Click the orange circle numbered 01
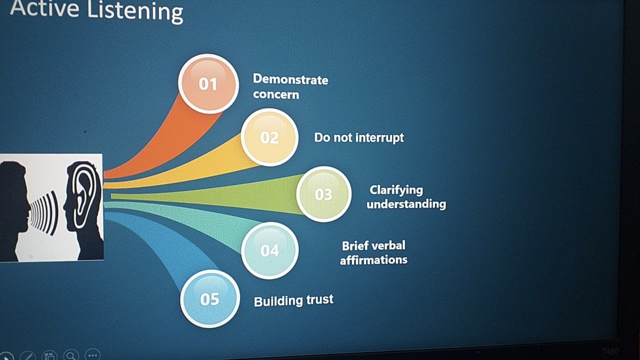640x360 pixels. (x=208, y=83)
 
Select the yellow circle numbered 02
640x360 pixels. (x=269, y=137)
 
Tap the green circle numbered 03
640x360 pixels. (x=323, y=194)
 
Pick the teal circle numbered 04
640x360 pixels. (x=269, y=250)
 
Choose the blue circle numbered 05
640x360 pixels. (x=209, y=299)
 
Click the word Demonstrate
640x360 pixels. (x=290, y=79)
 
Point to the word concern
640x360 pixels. (x=276, y=94)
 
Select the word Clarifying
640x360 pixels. (x=396, y=190)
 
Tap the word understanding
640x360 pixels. (x=406, y=204)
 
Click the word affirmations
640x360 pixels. (x=373, y=260)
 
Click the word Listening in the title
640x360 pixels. (x=135, y=11)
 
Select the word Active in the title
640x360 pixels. (x=44, y=8)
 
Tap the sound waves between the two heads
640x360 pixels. (x=44, y=213)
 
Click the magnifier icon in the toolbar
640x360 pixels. (x=71, y=355)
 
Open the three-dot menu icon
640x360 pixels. (x=92, y=355)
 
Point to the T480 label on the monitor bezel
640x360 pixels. (x=610, y=351)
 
